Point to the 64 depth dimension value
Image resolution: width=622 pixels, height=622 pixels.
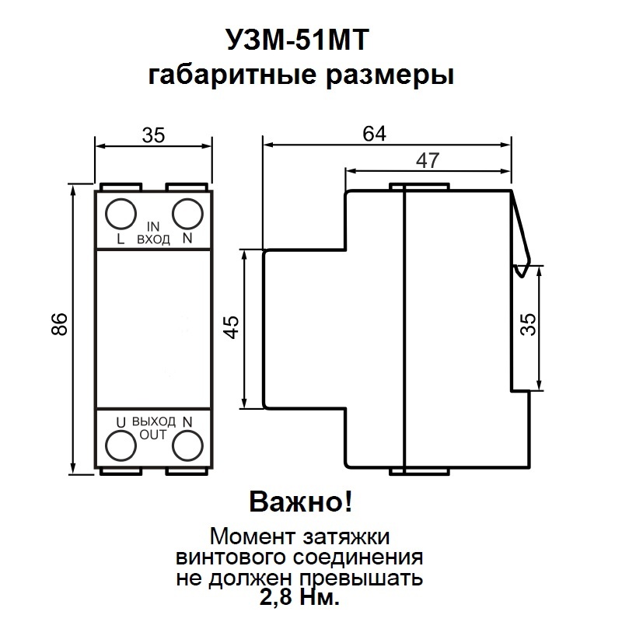pyautogui.click(x=375, y=133)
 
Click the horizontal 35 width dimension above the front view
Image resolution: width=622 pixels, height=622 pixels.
pyautogui.click(x=153, y=135)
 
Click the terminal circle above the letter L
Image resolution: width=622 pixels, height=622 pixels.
pyautogui.click(x=120, y=212)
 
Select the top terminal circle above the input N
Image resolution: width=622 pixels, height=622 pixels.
pyautogui.click(x=187, y=212)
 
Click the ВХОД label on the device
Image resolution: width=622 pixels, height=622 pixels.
pyautogui.click(x=153, y=240)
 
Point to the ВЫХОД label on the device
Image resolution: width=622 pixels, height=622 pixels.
pyautogui.click(x=153, y=421)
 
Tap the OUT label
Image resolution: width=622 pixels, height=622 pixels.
pyautogui.click(x=153, y=435)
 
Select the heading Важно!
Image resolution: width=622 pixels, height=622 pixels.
pyautogui.click(x=300, y=502)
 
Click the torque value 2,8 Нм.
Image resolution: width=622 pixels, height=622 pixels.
pyautogui.click(x=300, y=598)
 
